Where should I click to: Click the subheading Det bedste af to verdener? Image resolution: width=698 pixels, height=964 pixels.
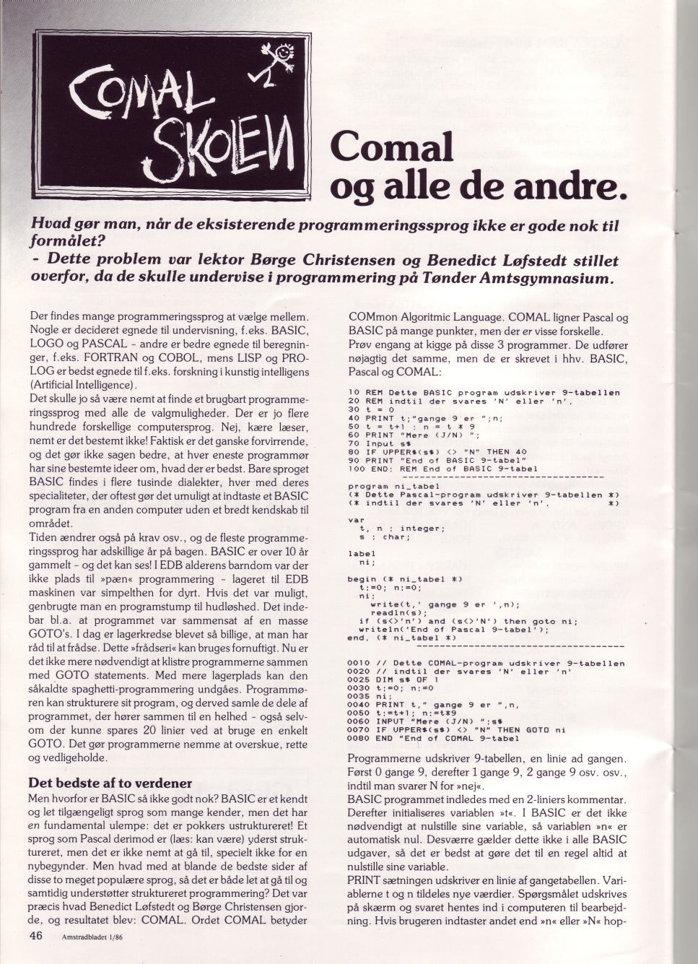pyautogui.click(x=109, y=783)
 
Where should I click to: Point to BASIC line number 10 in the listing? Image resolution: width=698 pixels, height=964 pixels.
pyautogui.click(x=354, y=392)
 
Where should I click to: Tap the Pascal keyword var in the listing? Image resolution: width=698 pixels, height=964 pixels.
pyautogui.click(x=355, y=519)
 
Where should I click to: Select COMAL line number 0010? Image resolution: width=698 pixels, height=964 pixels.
pyautogui.click(x=359, y=662)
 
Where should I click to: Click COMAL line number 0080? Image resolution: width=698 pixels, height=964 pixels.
pyautogui.click(x=359, y=738)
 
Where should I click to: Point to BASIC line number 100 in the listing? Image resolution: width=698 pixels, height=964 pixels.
pyautogui.click(x=357, y=469)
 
